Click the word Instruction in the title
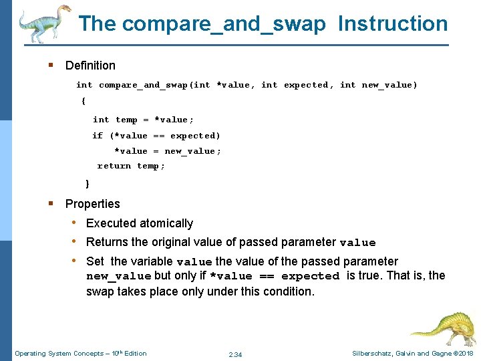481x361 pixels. coord(393,23)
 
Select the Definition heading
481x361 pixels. coord(90,66)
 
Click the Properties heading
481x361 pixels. coord(92,204)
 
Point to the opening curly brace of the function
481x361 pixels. coord(84,101)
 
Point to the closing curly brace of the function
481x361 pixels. coord(88,183)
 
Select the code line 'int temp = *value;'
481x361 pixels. coord(143,120)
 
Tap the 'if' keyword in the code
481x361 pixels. coord(98,136)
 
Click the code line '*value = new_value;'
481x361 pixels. coord(167,151)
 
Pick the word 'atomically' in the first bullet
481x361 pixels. coord(166,223)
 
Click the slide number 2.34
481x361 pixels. coord(235,354)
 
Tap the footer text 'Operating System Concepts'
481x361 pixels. coord(57,354)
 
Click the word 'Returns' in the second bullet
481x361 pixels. coord(107,242)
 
